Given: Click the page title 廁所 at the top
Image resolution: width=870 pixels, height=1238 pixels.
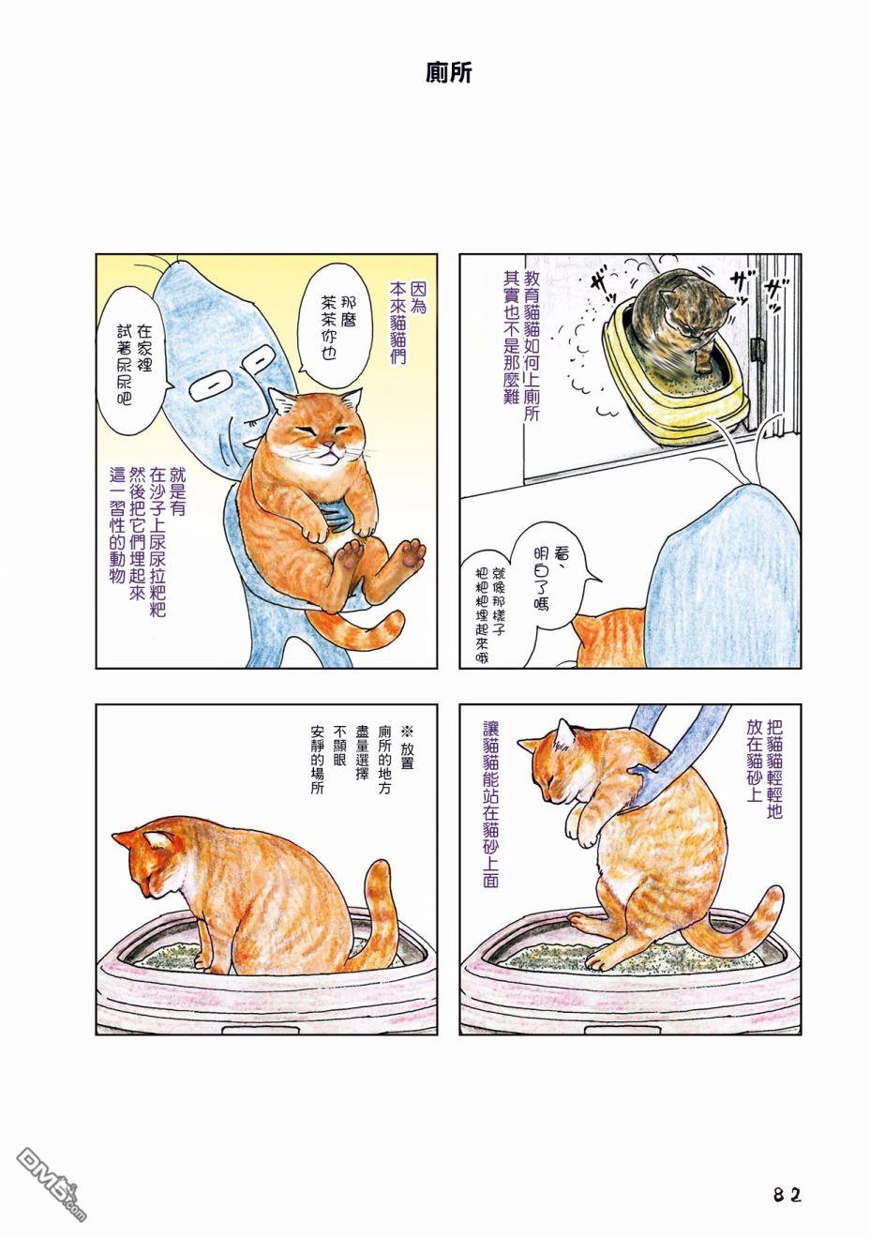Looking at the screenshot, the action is point(448,72).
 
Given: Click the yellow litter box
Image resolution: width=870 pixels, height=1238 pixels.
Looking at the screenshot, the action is point(675,382).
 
